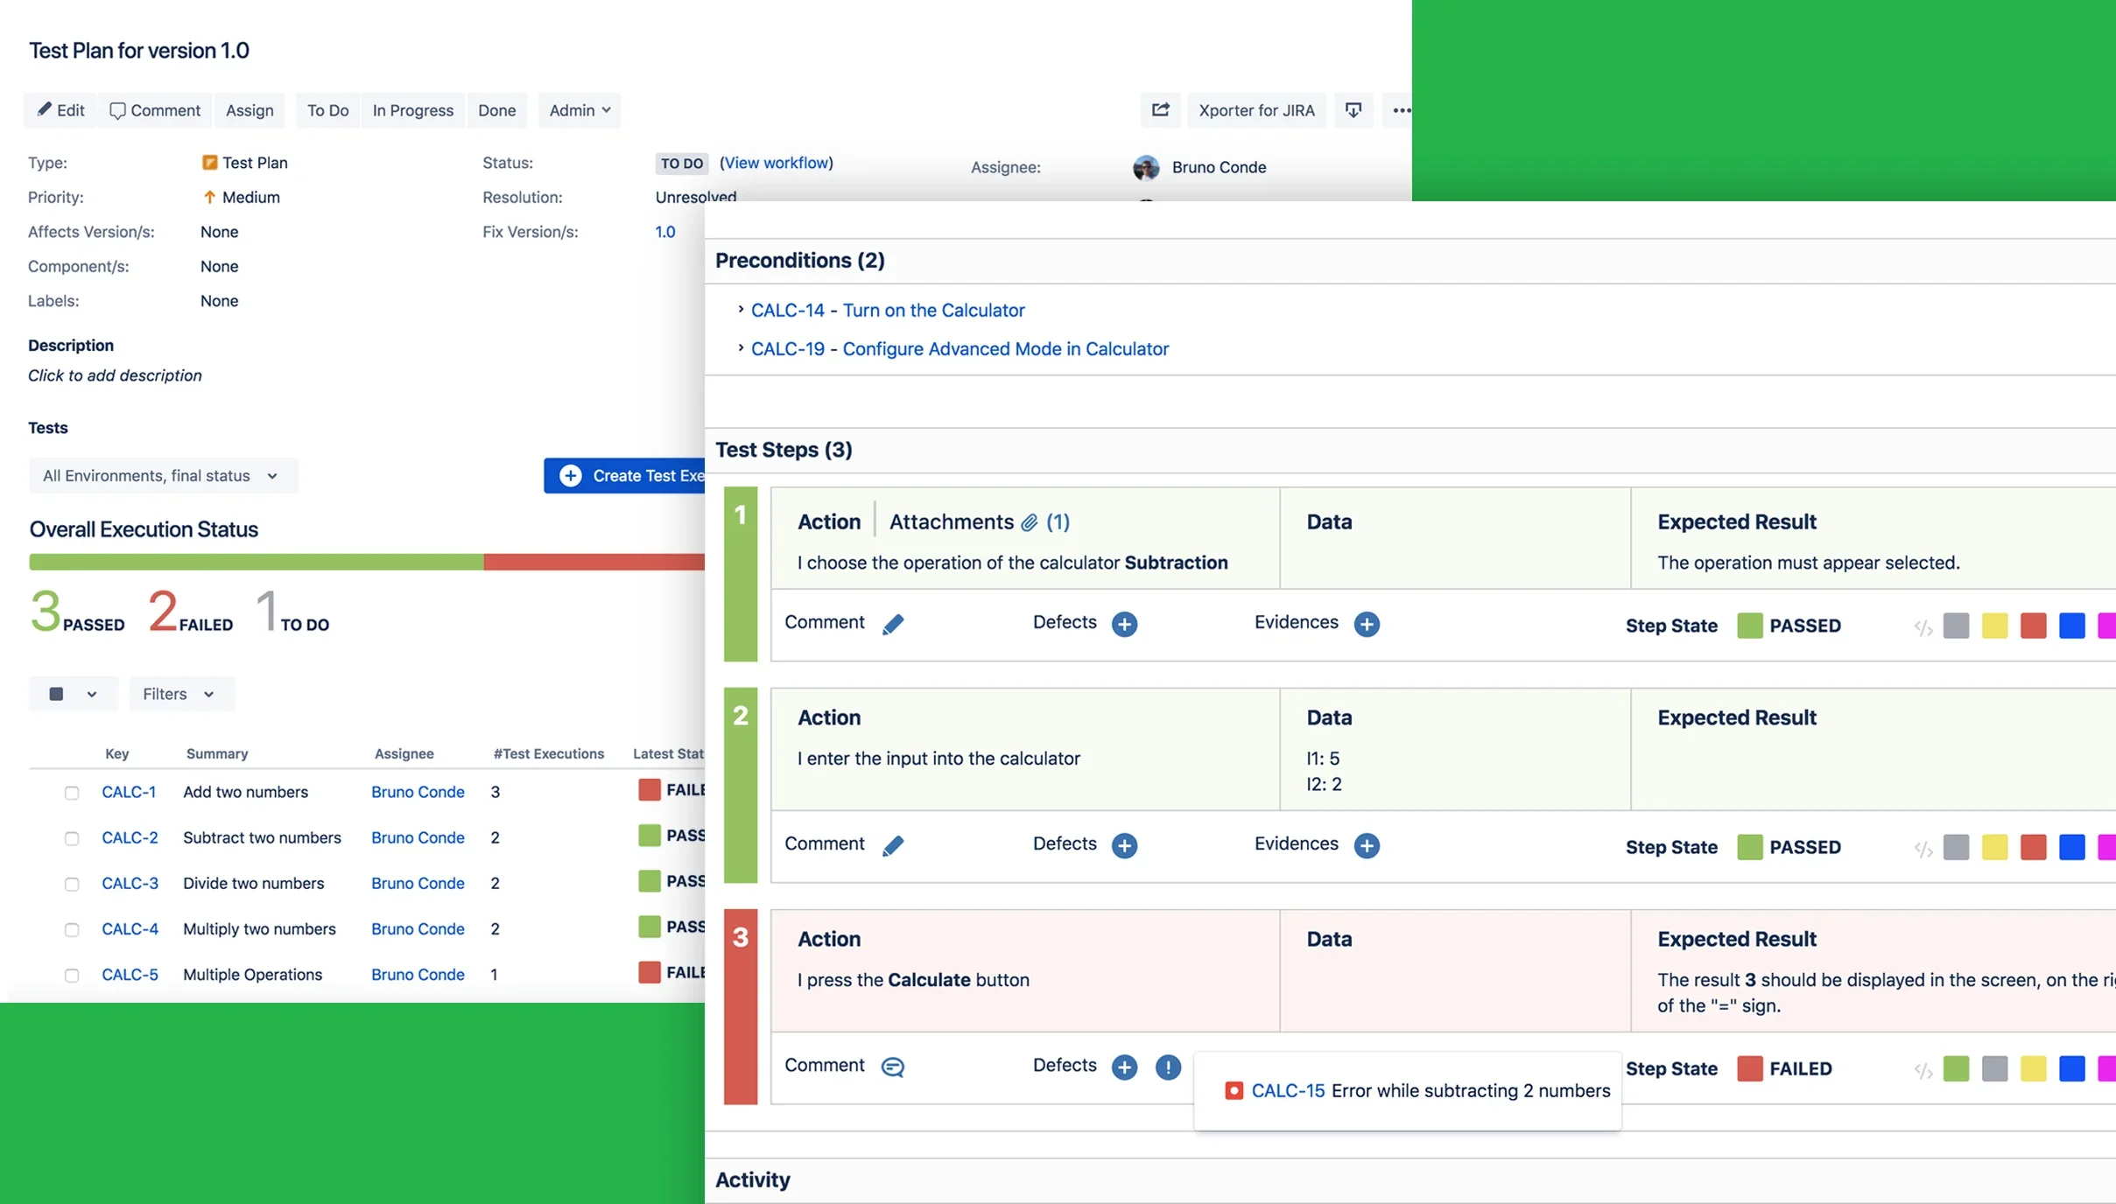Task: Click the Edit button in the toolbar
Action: [x=60, y=110]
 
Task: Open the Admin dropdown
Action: [x=579, y=110]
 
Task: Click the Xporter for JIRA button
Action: [x=1255, y=110]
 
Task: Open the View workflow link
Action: [x=776, y=163]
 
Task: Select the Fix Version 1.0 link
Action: [x=664, y=232]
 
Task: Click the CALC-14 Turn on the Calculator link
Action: [x=887, y=310]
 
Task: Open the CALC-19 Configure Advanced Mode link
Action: [x=959, y=348]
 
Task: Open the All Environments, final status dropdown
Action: [x=161, y=476]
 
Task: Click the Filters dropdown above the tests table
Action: [x=178, y=694]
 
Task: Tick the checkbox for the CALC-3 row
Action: [x=72, y=884]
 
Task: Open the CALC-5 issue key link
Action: [x=130, y=975]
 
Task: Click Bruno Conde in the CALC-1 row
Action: [x=417, y=792]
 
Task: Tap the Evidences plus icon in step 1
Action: [x=1366, y=624]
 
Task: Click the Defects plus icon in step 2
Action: [x=1124, y=845]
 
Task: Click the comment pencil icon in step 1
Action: [x=892, y=624]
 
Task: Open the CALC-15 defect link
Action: [x=1287, y=1090]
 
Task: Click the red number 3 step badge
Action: [x=740, y=938]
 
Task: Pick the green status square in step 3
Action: [x=1955, y=1068]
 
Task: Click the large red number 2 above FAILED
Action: [x=163, y=610]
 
